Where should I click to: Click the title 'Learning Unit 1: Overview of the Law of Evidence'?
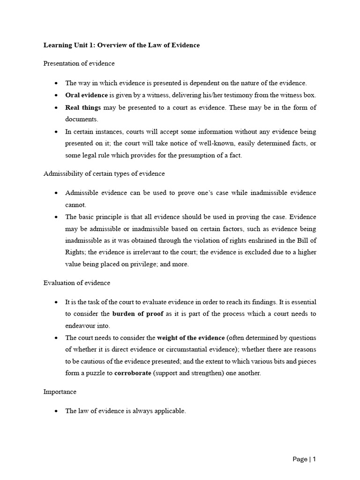click(121, 45)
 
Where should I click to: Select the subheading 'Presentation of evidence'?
click(79, 63)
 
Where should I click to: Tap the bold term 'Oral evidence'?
click(86, 95)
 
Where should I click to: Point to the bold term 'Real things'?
click(83, 107)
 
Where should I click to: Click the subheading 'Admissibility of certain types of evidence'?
click(104, 173)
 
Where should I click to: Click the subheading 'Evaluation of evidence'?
click(77, 283)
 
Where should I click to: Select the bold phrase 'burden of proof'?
click(138, 314)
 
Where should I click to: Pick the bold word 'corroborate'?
click(133, 374)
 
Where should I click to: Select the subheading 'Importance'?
click(60, 391)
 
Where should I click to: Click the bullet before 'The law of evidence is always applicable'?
click(56, 411)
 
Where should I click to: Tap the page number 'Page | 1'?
click(304, 459)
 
